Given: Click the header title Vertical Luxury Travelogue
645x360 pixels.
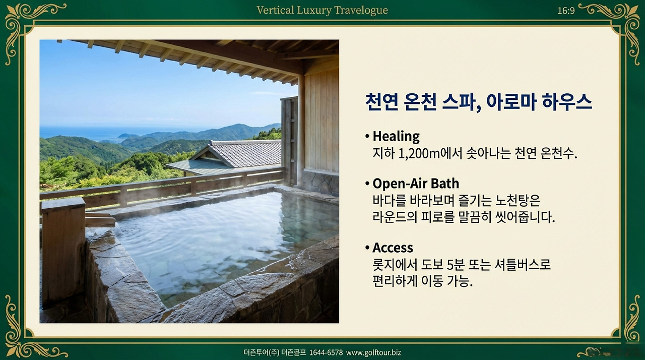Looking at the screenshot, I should pos(322,10).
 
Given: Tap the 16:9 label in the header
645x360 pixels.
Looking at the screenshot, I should pos(566,11).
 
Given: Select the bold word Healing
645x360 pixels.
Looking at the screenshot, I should pos(396,136).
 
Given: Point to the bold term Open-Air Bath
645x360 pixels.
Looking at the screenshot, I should pos(416,183).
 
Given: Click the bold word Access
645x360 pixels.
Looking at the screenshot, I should pos(393,248).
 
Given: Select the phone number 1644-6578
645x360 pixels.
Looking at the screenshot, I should pos(326,353).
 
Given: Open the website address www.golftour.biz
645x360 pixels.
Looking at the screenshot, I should pos(373,353).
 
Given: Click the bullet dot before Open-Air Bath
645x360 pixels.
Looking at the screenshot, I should pos(367,184).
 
